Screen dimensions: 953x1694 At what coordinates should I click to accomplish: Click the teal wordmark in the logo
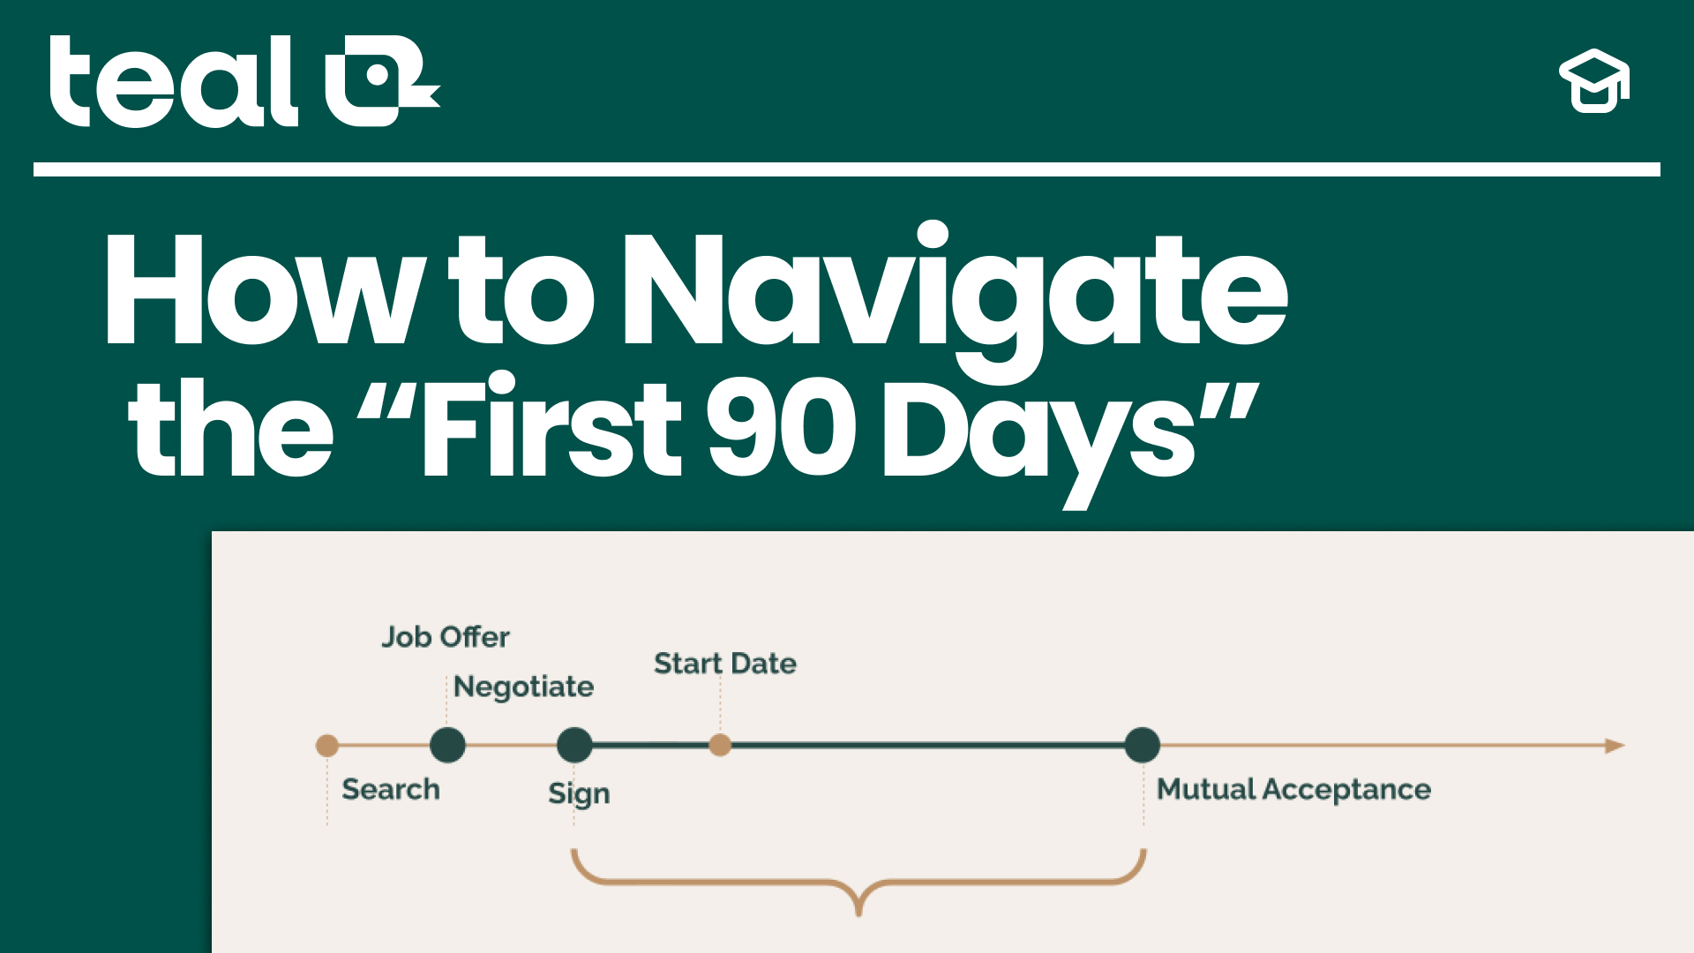coord(174,81)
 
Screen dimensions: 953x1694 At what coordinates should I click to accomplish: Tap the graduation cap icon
coord(1594,81)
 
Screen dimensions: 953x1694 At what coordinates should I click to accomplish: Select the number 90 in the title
coord(782,429)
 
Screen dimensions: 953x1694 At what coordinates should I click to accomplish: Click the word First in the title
coord(552,429)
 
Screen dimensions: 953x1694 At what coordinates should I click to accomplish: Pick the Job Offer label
coord(446,637)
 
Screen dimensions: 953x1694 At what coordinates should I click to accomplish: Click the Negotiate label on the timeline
coord(523,687)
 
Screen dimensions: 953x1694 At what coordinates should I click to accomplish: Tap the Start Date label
coord(725,664)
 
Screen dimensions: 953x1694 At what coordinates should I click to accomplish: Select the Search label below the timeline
coord(391,789)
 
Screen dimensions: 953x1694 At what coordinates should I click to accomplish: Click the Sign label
coord(579,793)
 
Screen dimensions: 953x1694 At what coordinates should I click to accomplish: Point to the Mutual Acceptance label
coord(1293,789)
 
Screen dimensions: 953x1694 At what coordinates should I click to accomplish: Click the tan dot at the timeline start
coord(327,746)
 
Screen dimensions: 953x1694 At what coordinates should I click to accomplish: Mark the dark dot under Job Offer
coord(447,746)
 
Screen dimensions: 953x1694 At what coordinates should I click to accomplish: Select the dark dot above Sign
coord(574,746)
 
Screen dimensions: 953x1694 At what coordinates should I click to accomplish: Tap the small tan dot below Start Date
coord(720,746)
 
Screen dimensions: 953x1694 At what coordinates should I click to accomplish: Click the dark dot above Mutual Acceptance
coord(1143,746)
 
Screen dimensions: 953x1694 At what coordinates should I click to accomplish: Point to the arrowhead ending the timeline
coord(1615,746)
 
